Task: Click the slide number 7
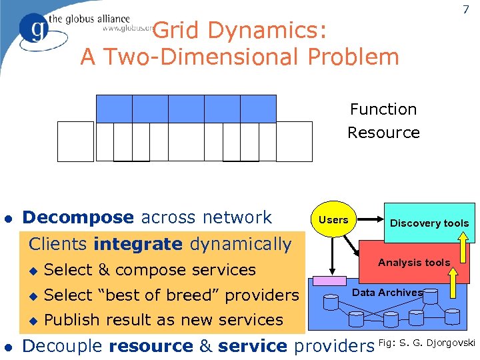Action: [465, 10]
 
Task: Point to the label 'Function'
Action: [383, 109]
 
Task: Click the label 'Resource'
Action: [383, 133]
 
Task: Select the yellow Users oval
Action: [333, 220]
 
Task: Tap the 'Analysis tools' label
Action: [414, 263]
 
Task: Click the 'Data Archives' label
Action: [387, 293]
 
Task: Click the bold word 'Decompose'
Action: [78, 217]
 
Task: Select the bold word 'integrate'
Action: [138, 245]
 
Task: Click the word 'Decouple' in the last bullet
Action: [63, 346]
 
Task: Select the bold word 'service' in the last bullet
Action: [253, 346]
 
